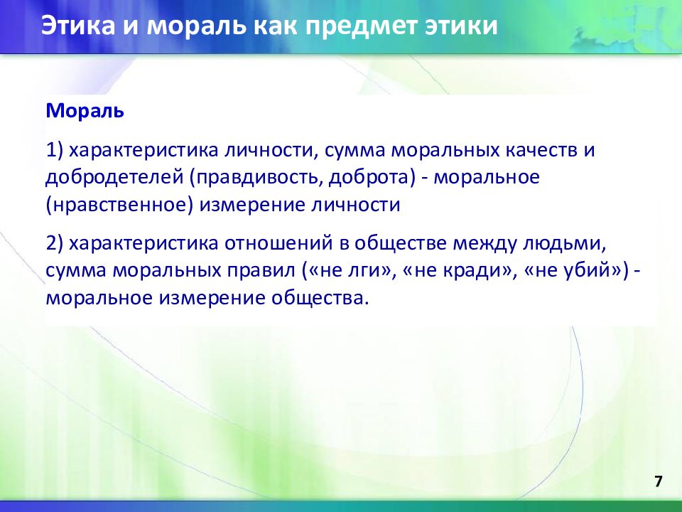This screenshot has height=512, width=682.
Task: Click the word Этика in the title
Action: pos(78,26)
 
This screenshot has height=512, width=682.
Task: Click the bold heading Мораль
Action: pos(85,111)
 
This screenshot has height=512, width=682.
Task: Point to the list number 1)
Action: pos(55,150)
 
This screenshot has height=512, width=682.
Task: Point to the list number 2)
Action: pos(55,243)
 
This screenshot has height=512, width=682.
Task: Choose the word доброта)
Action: pos(372,178)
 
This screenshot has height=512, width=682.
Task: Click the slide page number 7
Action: pos(658,482)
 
